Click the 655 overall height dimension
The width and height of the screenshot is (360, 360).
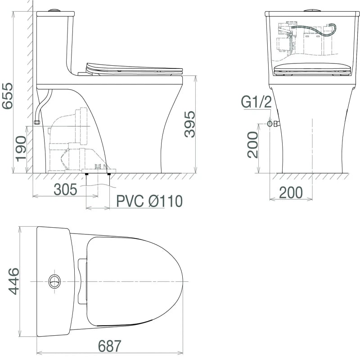pos(7,96)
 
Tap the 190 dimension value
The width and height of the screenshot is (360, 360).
pos(21,149)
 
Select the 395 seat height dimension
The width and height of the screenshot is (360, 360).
pos(190,124)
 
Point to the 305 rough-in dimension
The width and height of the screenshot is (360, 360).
pos(65,189)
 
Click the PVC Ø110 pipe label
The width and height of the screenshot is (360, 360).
pos(149,201)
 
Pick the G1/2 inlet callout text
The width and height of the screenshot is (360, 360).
pos(256,102)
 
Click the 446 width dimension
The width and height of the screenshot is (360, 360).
pos(14,281)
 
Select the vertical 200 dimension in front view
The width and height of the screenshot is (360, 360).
pos(253,144)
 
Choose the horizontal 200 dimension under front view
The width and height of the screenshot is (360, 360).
pos(291,193)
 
